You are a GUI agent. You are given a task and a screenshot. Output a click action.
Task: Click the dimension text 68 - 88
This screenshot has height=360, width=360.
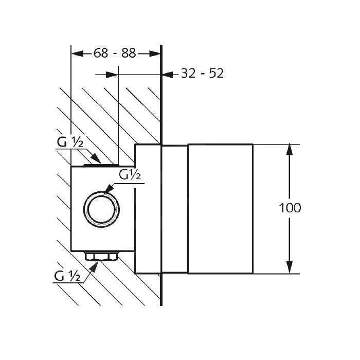point(115,53)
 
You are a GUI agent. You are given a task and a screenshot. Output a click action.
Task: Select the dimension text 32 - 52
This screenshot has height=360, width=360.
point(202,74)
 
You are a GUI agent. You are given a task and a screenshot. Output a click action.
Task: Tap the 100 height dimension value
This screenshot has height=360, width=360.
point(290,208)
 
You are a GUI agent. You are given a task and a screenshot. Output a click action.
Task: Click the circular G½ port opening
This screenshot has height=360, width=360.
point(101,209)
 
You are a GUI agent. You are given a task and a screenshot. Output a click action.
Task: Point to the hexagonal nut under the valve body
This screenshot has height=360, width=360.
point(101,256)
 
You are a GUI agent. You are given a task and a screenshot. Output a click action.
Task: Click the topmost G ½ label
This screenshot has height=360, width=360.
point(70,142)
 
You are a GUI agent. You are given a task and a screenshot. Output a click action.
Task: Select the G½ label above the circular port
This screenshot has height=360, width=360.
point(130,175)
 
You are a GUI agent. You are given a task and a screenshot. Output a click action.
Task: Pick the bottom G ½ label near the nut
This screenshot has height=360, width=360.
point(67,276)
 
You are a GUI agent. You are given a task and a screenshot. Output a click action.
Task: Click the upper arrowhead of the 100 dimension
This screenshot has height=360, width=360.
point(290,150)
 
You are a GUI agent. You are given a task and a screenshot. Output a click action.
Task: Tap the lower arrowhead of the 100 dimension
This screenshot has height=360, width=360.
point(290,267)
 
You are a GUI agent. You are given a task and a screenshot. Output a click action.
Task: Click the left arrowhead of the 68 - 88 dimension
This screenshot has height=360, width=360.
point(77,53)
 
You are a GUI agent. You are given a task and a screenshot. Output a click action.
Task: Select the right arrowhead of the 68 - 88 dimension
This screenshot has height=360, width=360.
point(154,53)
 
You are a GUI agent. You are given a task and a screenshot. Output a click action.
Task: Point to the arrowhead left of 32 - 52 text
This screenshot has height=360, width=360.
point(168,75)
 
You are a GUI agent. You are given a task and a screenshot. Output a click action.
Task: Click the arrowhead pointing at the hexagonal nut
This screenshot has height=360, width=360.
point(94,266)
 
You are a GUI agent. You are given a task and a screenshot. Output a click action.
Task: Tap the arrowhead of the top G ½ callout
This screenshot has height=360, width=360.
point(96,158)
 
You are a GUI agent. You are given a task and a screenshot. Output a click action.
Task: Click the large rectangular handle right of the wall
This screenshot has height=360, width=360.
point(221,209)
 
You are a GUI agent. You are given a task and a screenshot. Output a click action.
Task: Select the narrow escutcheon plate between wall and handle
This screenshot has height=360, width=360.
point(174,209)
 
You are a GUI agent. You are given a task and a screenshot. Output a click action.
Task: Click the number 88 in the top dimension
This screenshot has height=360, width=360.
point(129,53)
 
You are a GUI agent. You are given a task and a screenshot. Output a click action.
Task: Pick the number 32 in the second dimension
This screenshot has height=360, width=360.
point(188,74)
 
